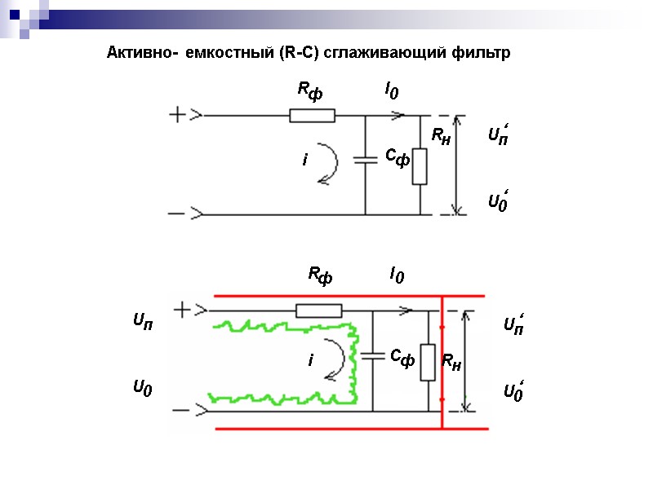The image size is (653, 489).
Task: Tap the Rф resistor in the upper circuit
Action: [x=312, y=116]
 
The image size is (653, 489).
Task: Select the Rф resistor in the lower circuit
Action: [x=319, y=310]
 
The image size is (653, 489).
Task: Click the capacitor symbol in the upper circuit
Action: [x=365, y=160]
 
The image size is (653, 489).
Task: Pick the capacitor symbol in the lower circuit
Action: [x=372, y=355]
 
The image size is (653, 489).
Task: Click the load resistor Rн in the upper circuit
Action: [x=420, y=166]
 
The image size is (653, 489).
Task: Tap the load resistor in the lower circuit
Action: [x=428, y=363]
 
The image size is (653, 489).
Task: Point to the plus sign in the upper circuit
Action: [x=178, y=115]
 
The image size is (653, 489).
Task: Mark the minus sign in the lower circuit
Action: [x=182, y=410]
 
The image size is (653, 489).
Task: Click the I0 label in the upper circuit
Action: [x=393, y=91]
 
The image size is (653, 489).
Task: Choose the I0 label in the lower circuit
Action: [x=397, y=275]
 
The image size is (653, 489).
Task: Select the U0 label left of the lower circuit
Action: [x=143, y=390]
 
